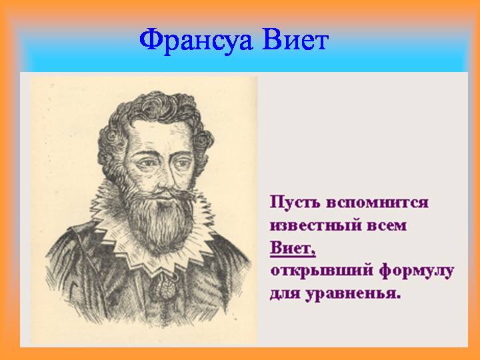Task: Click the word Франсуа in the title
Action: (x=196, y=41)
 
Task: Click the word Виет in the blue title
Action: (x=295, y=40)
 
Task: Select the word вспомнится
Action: (x=377, y=203)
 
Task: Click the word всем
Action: (x=386, y=226)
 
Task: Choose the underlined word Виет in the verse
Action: (x=293, y=247)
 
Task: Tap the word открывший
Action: (x=321, y=271)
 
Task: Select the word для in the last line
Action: (x=285, y=294)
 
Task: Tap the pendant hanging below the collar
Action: (x=165, y=286)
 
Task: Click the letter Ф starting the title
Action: (x=152, y=41)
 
